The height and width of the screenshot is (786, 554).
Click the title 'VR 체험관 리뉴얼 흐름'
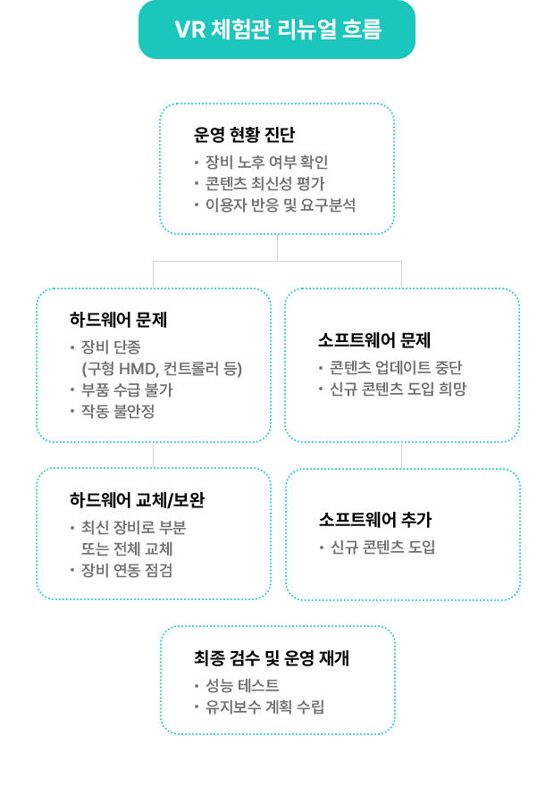pyautogui.click(x=278, y=29)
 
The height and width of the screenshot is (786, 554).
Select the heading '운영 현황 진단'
pyautogui.click(x=244, y=134)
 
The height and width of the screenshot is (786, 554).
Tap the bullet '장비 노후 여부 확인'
pyautogui.click(x=266, y=162)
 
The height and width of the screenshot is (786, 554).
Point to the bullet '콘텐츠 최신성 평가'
pyautogui.click(x=264, y=183)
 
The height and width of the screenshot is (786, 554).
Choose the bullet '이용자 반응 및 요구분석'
pyautogui.click(x=281, y=205)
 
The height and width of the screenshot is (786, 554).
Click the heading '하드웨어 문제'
pyautogui.click(x=118, y=320)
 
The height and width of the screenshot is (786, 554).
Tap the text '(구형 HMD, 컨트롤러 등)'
pyautogui.click(x=162, y=369)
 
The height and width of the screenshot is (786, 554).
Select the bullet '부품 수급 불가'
pyautogui.click(x=127, y=390)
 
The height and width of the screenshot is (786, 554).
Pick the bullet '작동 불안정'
pyautogui.click(x=118, y=411)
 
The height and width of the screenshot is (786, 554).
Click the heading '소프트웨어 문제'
pyautogui.click(x=374, y=340)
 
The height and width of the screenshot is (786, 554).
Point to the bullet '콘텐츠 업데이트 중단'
pyautogui.click(x=396, y=367)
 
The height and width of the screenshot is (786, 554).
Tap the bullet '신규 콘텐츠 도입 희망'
pyautogui.click(x=399, y=389)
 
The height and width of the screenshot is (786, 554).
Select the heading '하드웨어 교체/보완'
pyautogui.click(x=137, y=500)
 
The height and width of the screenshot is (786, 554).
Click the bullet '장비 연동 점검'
pyautogui.click(x=127, y=570)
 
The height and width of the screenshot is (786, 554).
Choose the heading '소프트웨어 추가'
pyautogui.click(x=375, y=519)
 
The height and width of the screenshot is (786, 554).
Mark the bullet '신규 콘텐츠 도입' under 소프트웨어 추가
pyautogui.click(x=383, y=547)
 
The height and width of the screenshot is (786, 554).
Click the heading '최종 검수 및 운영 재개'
pyautogui.click(x=272, y=657)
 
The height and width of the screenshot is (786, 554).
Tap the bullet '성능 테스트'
pyautogui.click(x=242, y=685)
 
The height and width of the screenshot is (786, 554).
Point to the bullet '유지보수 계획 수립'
pyautogui.click(x=264, y=707)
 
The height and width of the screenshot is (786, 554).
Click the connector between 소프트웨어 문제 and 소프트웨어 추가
pyautogui.click(x=401, y=456)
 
